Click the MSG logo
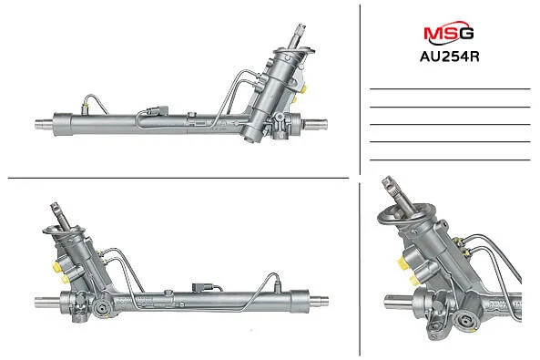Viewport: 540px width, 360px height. (x=449, y=33)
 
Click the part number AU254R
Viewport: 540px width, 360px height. (x=450, y=57)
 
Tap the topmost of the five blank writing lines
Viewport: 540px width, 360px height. (x=450, y=89)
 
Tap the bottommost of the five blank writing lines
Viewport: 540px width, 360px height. (x=450, y=160)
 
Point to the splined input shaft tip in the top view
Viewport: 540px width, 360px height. (x=300, y=30)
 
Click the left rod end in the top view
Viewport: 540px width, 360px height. (x=44, y=124)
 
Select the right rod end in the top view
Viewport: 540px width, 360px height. (x=315, y=124)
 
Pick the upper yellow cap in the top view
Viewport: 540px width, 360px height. (x=303, y=89)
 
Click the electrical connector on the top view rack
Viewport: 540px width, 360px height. (x=158, y=110)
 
